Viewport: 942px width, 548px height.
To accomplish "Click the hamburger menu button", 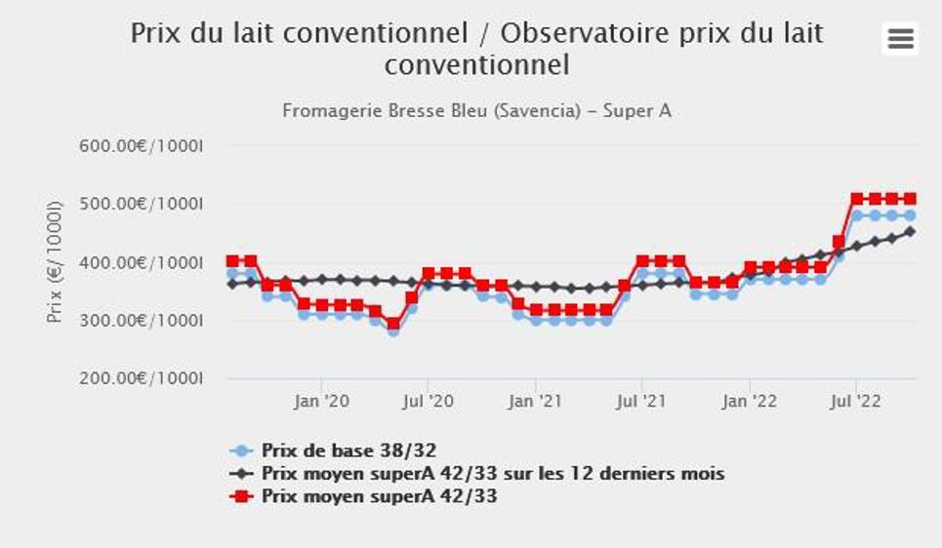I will click(900, 39).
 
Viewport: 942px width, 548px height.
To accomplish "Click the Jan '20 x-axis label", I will click(321, 400).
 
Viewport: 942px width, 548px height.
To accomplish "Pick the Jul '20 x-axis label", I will click(428, 400).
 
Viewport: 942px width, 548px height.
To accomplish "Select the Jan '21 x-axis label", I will click(535, 400).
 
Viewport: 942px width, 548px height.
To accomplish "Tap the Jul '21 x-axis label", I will click(640, 400).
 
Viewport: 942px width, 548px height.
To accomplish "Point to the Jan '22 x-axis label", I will click(749, 400).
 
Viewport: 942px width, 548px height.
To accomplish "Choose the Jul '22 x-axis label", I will click(855, 400).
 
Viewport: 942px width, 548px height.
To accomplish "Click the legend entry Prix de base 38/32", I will click(348, 450).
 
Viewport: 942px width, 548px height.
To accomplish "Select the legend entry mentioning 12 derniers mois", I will click(493, 474).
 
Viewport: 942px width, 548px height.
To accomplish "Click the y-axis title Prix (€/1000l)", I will click(55, 262).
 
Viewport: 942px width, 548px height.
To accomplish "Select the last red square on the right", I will click(910, 199).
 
